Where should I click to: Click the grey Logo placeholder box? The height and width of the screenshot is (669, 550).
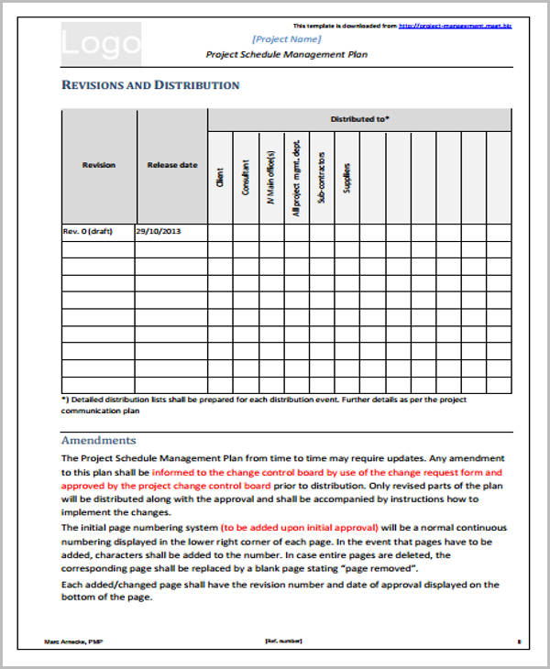coord(102,43)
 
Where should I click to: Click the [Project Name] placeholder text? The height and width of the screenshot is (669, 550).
coord(286,38)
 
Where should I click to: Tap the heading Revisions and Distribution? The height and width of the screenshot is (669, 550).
coord(150,85)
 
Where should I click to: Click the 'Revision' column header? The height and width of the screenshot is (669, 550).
coord(99,165)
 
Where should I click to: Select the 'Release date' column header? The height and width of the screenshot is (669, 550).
coord(171,165)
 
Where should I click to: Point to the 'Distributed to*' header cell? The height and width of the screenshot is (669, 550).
coord(359,119)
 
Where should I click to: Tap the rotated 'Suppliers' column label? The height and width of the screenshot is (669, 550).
coord(346,176)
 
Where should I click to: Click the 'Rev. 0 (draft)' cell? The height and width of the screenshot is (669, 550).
coord(87,231)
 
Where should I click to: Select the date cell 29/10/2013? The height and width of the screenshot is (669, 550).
coord(159,231)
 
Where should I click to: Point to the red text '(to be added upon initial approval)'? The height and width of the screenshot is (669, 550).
coord(299,528)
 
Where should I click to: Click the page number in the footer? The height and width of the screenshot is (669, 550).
coord(519,641)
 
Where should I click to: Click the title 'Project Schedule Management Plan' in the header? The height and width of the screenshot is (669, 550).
coord(286,54)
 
